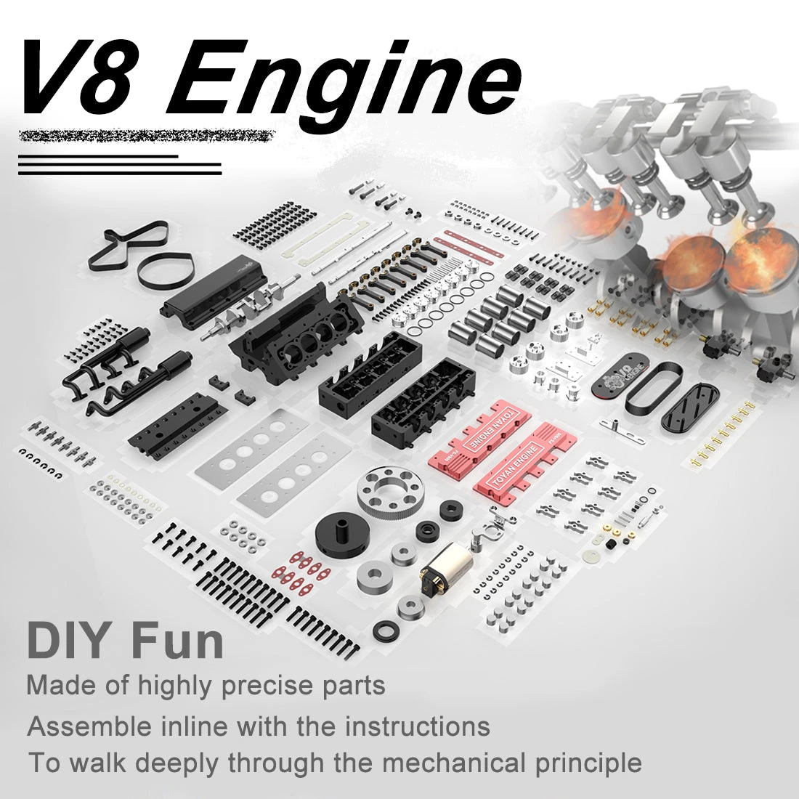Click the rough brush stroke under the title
point(145,136)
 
